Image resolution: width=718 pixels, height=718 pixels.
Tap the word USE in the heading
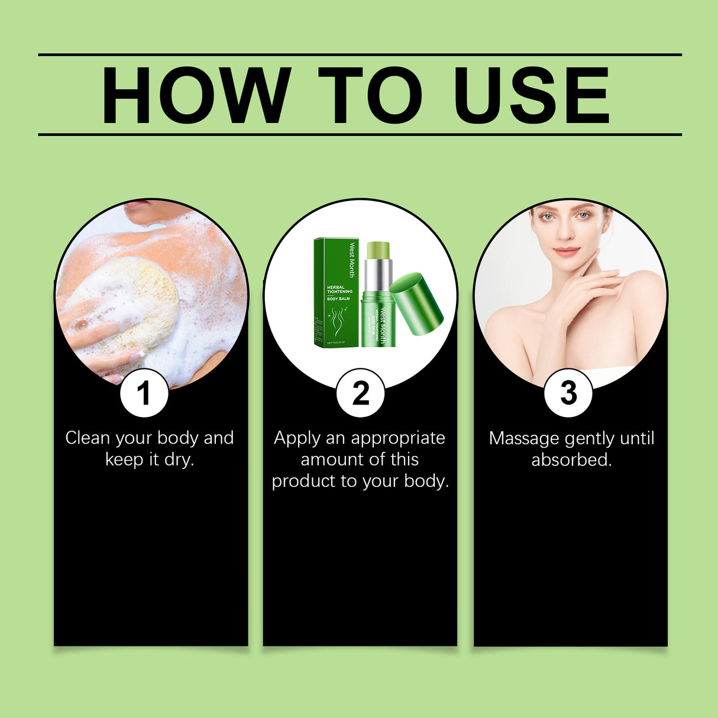click(x=531, y=96)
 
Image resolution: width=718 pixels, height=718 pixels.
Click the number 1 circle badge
click(x=144, y=393)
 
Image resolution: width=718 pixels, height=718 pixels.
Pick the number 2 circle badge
click(x=360, y=393)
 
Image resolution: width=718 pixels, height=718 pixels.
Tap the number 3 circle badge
click(x=568, y=393)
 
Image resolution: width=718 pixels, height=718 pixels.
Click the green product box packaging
click(x=336, y=293)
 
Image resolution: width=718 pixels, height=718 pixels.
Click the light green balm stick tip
click(x=378, y=250)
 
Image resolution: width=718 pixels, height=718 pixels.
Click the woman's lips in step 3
click(x=566, y=251)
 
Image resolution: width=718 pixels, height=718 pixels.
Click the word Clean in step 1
click(x=88, y=438)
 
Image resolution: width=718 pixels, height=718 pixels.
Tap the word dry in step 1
click(x=179, y=460)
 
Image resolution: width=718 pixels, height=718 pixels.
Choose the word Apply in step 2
click(x=297, y=439)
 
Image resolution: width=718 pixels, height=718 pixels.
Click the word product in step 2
click(x=303, y=481)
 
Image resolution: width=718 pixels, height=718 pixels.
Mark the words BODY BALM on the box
click(x=339, y=299)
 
